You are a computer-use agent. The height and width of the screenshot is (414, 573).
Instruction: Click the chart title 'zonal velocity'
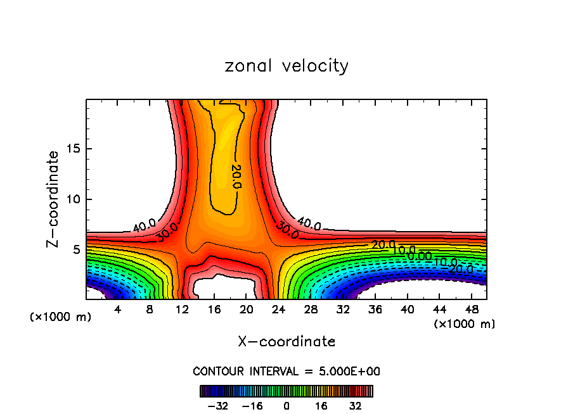(x=286, y=66)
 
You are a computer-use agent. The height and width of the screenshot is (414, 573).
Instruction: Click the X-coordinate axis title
(x=286, y=342)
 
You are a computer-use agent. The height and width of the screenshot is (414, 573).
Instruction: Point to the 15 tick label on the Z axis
(x=73, y=149)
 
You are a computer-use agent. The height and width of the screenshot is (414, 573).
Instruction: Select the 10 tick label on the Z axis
(x=73, y=199)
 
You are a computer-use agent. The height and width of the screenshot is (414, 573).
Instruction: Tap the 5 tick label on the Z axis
(x=77, y=249)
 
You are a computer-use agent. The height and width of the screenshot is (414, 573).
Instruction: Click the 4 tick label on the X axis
(x=117, y=310)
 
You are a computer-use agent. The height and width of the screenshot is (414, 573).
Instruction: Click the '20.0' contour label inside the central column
(x=236, y=177)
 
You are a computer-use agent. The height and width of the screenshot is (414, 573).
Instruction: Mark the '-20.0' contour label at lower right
(x=461, y=269)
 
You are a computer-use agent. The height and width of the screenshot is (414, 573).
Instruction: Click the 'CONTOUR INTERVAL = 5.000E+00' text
(x=286, y=371)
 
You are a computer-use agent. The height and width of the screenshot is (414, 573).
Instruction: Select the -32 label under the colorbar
(x=218, y=406)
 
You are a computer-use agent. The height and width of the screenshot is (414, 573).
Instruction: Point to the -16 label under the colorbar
(x=252, y=406)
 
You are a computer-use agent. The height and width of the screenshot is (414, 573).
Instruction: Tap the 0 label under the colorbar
(x=286, y=406)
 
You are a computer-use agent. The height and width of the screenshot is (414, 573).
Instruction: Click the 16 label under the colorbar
(x=321, y=406)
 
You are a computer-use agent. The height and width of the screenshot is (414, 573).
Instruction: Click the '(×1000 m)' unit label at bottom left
(x=61, y=317)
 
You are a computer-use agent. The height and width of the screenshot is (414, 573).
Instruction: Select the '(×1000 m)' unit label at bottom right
(x=465, y=324)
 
